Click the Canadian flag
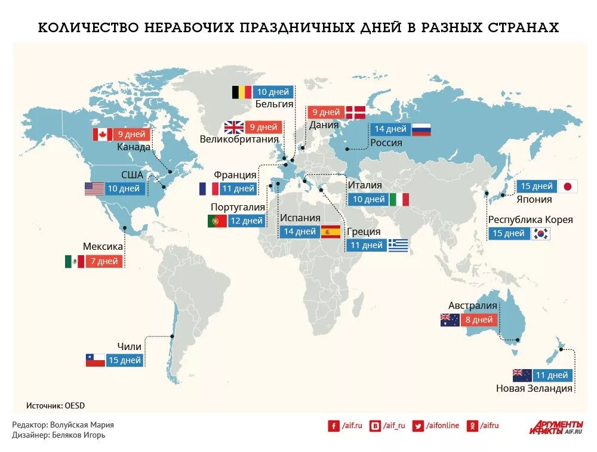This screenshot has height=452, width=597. tap(102, 134)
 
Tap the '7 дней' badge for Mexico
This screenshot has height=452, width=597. tap(105, 261)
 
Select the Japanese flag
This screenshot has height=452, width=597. tap(567, 186)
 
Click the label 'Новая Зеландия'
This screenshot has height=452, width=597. tap(534, 388)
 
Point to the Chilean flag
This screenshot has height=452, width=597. tap(96, 360)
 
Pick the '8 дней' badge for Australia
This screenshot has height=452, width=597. tap(479, 320)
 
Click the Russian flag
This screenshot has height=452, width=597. tap(421, 129)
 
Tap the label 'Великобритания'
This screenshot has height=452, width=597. tap(239, 140)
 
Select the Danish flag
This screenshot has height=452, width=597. tap(355, 112)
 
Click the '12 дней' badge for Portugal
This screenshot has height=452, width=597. tap(246, 221)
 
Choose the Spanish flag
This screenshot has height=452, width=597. tap(330, 232)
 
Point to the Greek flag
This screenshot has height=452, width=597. tap(398, 245)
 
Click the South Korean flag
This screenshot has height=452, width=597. tap(541, 233)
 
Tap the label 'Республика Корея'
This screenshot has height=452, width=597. tap(530, 219)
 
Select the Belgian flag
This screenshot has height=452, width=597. tap(242, 92)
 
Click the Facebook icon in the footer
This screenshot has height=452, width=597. tap(333, 425)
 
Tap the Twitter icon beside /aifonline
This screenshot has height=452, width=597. tap(418, 425)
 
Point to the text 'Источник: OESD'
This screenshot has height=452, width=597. tap(56, 405)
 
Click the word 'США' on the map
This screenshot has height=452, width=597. tap(132, 175)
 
